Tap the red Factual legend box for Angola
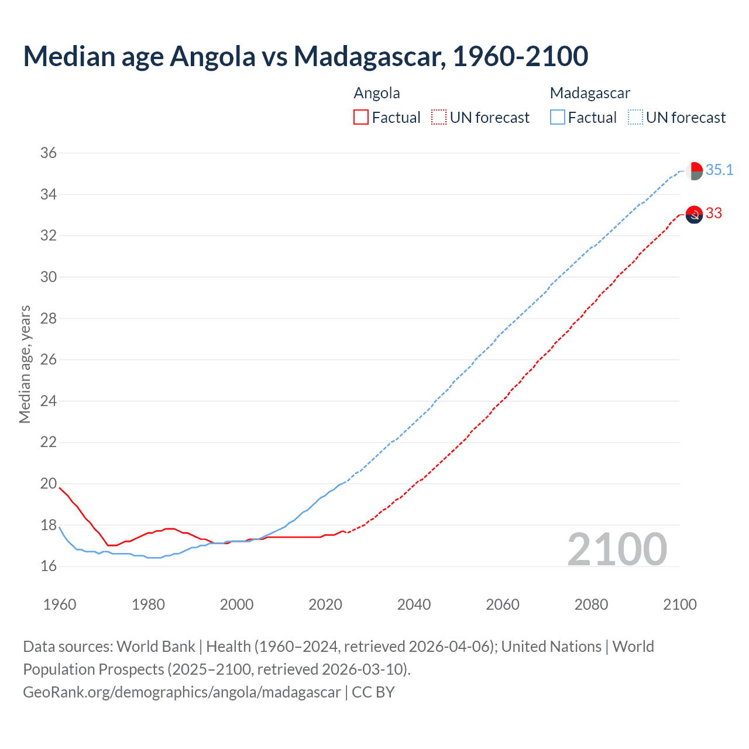point(361,118)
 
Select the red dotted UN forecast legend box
point(439,118)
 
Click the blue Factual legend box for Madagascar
point(558,118)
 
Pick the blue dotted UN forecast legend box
point(635,118)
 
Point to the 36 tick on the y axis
point(49,153)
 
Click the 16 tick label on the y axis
point(49,566)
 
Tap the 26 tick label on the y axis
point(49,360)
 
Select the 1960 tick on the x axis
point(60,604)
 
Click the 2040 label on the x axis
point(414,604)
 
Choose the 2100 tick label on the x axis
point(679,604)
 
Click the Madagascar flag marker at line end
point(694,171)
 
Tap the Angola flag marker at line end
point(694,215)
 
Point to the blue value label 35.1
point(719,170)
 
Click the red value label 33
point(714,214)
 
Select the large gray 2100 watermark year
point(617,549)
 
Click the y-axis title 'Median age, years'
point(25,364)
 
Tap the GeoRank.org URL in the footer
point(181,692)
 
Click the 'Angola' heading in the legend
point(377,93)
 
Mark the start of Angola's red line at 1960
point(60,487)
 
